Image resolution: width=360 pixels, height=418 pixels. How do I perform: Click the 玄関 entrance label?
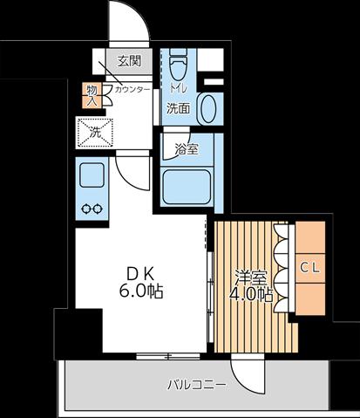pyautogui.click(x=129, y=61)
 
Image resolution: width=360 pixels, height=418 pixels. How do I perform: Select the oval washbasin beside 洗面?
pyautogui.click(x=208, y=109)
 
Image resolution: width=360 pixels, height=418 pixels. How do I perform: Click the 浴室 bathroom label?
pyautogui.click(x=187, y=149)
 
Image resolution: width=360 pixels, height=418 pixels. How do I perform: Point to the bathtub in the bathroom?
pyautogui.click(x=187, y=187)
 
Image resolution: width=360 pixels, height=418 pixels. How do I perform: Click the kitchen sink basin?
pyautogui.click(x=92, y=175)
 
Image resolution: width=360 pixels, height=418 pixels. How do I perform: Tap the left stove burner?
pyautogui.click(x=86, y=209)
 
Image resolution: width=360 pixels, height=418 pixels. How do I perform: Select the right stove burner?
pyautogui.click(x=98, y=209)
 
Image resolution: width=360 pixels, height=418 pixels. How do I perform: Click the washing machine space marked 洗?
pyautogui.click(x=95, y=133)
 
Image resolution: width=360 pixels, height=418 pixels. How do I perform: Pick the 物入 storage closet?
pyautogui.click(x=92, y=96)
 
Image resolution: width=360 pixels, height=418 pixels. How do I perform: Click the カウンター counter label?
pyautogui.click(x=132, y=89)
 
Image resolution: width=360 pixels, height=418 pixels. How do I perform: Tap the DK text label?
pyautogui.click(x=140, y=274)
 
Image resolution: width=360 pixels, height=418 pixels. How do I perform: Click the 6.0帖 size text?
pyautogui.click(x=140, y=291)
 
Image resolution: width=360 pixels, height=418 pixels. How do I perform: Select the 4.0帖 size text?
pyautogui.click(x=251, y=295)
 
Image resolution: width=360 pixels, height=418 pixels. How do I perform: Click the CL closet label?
pyautogui.click(x=310, y=268)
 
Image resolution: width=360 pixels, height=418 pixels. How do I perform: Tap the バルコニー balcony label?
pyautogui.click(x=196, y=385)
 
